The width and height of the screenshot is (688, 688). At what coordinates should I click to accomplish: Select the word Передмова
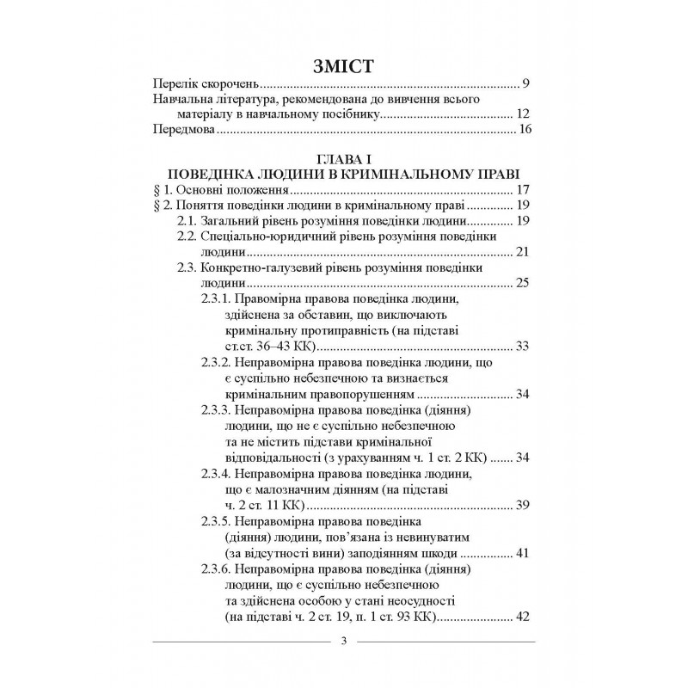click(x=183, y=131)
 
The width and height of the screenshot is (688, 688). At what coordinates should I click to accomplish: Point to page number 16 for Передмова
click(x=526, y=131)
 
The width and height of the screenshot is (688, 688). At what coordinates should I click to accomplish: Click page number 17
click(x=526, y=190)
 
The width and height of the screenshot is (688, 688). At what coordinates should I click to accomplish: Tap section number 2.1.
click(x=188, y=221)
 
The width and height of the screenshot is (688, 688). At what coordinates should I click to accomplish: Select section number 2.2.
click(x=188, y=236)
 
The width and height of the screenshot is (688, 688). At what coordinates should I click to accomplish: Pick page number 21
click(x=526, y=252)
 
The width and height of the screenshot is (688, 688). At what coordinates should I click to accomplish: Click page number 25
click(x=526, y=283)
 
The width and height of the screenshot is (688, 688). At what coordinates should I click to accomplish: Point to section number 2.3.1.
click(x=211, y=298)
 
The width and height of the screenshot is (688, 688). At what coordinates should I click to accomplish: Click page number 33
click(x=526, y=346)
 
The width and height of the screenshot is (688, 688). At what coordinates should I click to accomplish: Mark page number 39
click(x=526, y=504)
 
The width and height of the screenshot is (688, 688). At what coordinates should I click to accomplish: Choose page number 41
click(x=526, y=551)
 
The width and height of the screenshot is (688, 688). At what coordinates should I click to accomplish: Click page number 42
click(x=526, y=616)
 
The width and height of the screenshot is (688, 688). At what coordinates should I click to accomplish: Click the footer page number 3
click(x=343, y=642)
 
